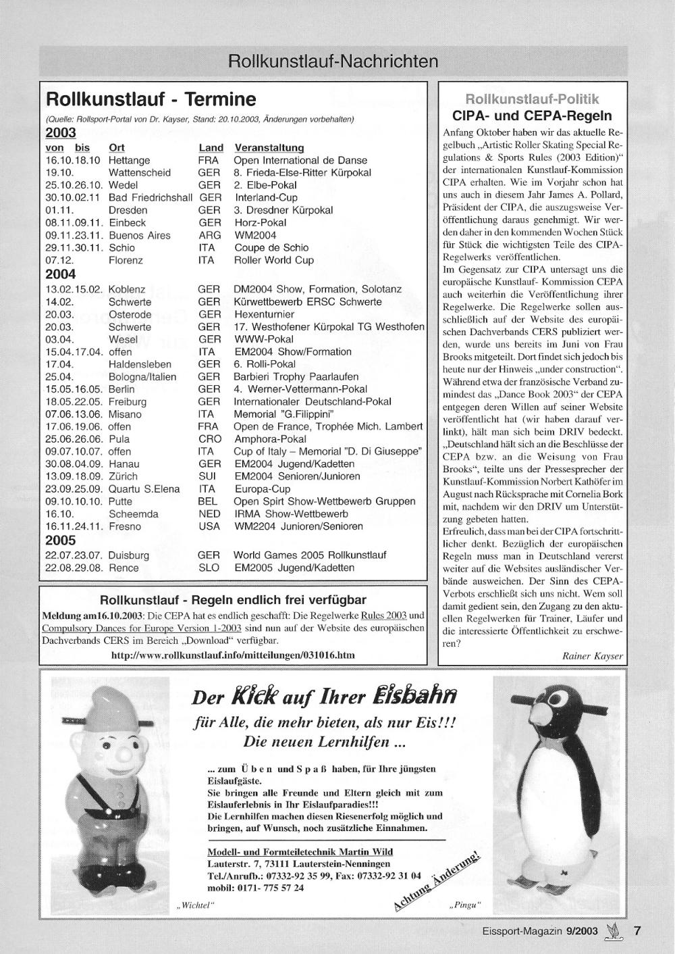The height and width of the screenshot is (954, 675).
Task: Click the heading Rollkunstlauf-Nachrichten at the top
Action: point(333,61)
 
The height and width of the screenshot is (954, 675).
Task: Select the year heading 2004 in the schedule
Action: point(61,274)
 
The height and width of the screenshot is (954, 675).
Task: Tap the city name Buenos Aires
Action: point(140,235)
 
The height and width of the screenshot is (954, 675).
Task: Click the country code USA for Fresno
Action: point(209,526)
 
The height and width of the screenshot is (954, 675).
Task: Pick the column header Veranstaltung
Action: point(269,147)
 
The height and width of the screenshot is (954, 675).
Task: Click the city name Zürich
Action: point(124,476)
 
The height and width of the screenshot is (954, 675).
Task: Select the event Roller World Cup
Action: point(273,260)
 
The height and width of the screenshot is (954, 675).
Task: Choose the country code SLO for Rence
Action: point(209,568)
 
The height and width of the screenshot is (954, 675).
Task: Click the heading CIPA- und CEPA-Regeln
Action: point(532,116)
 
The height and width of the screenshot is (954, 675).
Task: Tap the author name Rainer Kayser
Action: point(593,655)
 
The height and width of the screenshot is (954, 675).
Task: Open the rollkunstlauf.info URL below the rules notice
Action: point(233,655)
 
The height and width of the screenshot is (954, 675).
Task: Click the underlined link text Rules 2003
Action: point(384,616)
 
